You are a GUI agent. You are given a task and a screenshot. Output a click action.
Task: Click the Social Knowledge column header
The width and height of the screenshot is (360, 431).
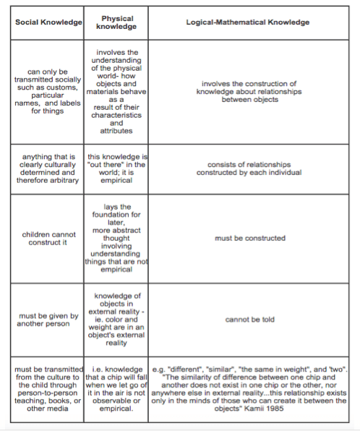click(48, 22)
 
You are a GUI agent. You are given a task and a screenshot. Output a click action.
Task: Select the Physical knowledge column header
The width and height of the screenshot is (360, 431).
click(116, 22)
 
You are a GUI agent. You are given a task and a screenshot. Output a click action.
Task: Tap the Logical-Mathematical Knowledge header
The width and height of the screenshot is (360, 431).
click(247, 22)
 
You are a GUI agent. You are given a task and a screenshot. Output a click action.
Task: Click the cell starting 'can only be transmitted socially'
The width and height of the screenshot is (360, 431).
click(48, 92)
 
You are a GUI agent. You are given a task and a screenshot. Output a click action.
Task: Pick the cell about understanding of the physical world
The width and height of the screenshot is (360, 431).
click(116, 92)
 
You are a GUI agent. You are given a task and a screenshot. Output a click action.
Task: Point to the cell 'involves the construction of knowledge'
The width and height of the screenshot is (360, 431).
click(247, 92)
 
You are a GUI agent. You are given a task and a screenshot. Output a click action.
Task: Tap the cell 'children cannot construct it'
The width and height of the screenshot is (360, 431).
click(48, 238)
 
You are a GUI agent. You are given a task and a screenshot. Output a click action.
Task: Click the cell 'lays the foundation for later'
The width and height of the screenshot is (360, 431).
click(116, 238)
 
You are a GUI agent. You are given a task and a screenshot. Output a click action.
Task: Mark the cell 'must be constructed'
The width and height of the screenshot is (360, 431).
click(247, 238)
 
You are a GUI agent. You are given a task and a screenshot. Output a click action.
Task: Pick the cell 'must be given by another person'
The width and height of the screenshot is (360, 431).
click(48, 319)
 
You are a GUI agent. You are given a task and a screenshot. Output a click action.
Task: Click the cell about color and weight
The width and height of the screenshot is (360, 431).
click(116, 319)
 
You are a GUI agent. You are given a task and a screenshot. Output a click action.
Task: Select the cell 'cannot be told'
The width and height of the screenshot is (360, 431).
click(247, 319)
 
